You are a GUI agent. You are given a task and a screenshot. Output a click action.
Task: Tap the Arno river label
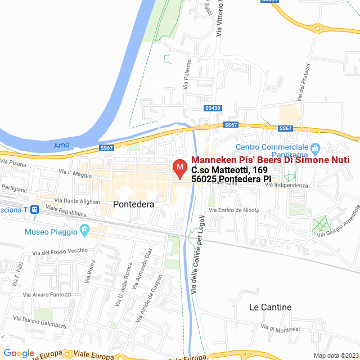click(x=61, y=145)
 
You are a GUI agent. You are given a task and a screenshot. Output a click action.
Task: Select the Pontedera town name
click(x=133, y=205)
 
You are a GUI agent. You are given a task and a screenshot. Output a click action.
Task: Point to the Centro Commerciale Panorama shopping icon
click(x=315, y=149)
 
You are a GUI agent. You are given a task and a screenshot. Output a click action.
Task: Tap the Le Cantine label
click(x=270, y=307)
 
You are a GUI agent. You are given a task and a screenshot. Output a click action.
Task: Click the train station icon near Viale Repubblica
click(x=34, y=209)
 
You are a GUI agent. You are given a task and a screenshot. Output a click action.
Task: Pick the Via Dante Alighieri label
click(x=77, y=201)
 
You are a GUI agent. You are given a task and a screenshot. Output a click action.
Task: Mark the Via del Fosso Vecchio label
click(x=60, y=251)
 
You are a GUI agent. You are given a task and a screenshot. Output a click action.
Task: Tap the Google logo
click(x=19, y=353)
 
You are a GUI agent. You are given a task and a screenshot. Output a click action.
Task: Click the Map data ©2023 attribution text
click(x=335, y=355)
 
